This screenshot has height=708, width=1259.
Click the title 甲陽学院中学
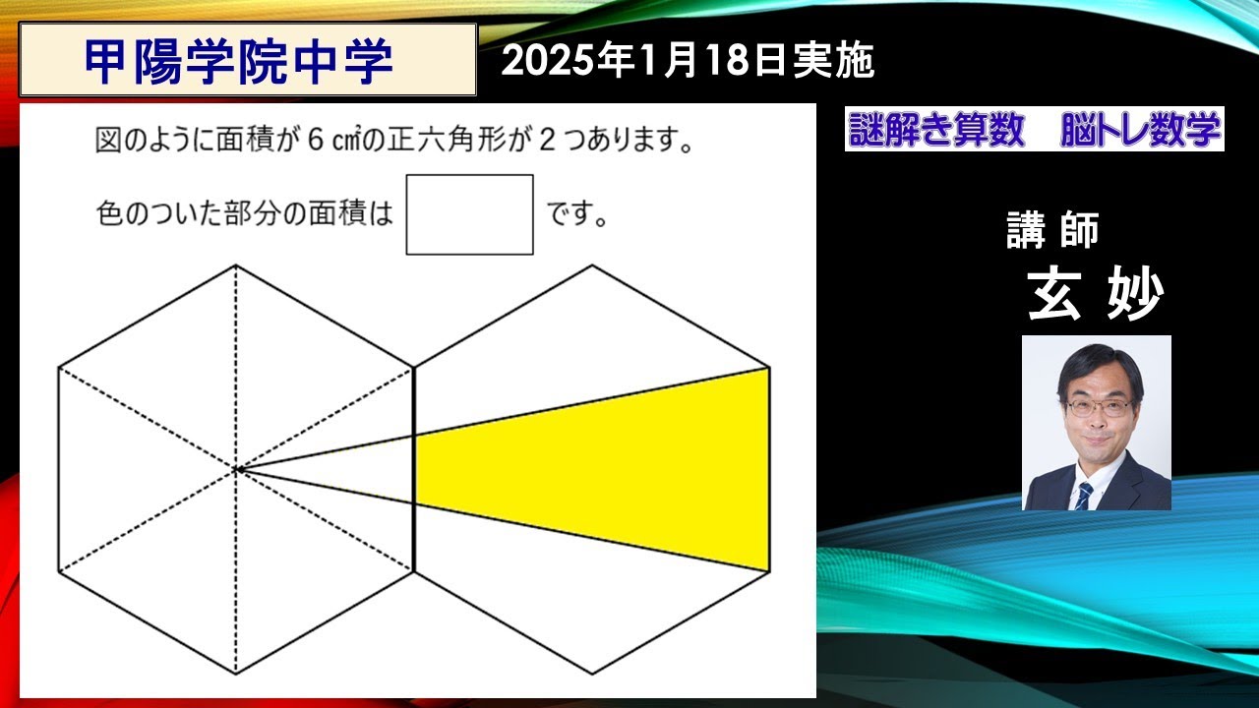pos(239,61)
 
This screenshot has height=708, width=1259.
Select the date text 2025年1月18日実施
pos(688,62)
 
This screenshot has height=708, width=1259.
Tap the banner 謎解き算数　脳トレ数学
pos(1034,130)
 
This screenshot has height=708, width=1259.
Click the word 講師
pos(1052,230)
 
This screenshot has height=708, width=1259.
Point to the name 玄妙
pos(1095,292)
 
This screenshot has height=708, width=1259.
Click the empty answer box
pos(469,214)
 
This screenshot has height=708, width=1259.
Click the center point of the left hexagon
pos(237,470)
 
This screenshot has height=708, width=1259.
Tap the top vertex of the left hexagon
pos(236,265)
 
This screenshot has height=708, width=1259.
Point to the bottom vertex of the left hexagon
pos(236,675)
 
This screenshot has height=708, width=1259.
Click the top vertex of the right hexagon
pos(592,265)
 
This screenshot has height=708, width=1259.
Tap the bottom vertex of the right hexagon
pos(592,675)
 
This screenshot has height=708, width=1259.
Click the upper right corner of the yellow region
pos(768,369)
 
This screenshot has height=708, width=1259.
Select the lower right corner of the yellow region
pos(768,570)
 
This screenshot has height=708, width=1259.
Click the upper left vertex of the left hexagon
pos(59,368)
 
